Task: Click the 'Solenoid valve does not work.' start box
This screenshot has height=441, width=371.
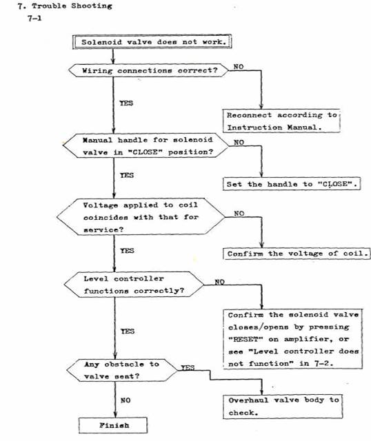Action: point(152,42)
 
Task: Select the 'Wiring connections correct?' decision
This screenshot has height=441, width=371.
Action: point(149,70)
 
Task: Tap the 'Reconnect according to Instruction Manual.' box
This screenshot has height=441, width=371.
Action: point(281,121)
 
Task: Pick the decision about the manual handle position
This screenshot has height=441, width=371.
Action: point(146,145)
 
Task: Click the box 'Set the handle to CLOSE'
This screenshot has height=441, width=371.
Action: point(292,184)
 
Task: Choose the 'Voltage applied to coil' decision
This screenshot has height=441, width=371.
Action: point(141,216)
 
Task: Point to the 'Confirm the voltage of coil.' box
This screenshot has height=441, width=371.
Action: point(297,254)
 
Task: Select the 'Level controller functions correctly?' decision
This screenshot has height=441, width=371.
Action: point(134,285)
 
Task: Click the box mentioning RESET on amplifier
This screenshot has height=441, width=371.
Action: point(293,339)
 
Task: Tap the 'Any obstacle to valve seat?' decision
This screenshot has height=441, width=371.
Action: point(122,370)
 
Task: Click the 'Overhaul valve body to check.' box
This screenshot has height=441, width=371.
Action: point(283,407)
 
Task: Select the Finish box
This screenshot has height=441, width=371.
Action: point(113,425)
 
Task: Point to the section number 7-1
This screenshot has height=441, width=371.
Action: point(34,19)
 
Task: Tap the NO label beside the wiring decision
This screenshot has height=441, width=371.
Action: point(239,67)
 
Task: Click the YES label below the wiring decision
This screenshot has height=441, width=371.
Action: point(126,103)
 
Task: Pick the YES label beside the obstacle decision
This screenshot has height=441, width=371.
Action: point(188,367)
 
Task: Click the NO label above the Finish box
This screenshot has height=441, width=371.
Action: point(126,400)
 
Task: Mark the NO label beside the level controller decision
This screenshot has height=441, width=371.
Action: point(219,282)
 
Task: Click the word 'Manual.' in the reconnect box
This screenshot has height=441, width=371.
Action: point(304,127)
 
